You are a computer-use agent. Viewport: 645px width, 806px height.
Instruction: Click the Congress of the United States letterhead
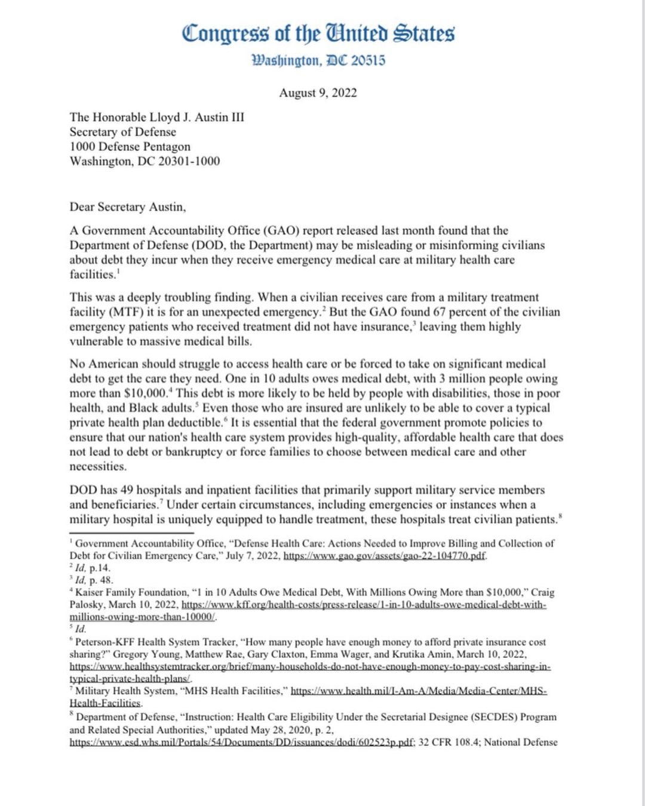pos(318,33)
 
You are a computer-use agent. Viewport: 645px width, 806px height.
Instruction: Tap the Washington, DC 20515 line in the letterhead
pos(318,60)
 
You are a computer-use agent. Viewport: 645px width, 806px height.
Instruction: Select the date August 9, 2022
pos(318,93)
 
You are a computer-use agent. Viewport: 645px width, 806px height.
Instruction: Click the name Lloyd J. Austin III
pos(196,118)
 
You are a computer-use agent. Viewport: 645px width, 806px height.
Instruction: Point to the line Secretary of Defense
pos(122,132)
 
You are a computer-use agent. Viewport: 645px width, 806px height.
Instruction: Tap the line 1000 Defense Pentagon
pos(130,146)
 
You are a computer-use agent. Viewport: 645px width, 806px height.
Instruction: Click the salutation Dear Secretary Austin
pos(127,207)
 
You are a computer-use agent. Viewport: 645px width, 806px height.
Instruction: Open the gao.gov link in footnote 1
pos(385,556)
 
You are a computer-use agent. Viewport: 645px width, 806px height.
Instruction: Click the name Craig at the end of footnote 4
pos(542,592)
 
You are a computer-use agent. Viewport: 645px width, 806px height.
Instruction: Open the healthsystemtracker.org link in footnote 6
pos(310,667)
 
